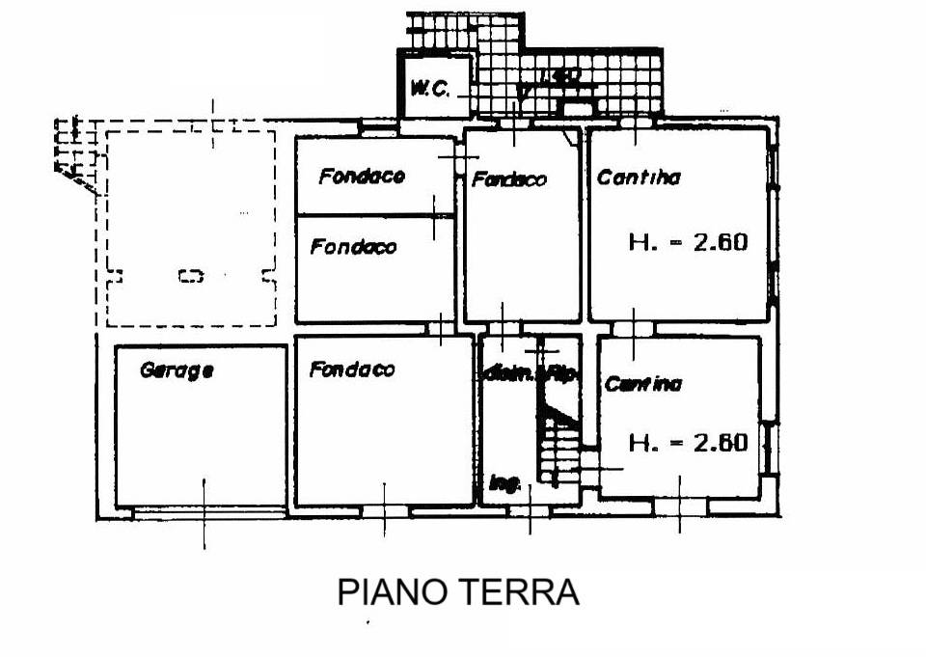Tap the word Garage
click(177, 370)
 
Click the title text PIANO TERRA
click(458, 591)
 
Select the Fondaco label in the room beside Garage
click(352, 370)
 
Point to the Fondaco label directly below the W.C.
click(509, 179)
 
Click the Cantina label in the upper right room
click(639, 178)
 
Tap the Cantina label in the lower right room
click(643, 384)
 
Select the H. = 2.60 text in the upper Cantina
click(688, 242)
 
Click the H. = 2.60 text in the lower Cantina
click(688, 443)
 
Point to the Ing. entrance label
click(504, 484)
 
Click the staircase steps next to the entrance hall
click(559, 449)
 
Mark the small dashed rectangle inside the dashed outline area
click(191, 277)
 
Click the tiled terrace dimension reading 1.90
click(558, 76)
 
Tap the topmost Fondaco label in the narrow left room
click(362, 177)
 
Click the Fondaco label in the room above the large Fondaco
click(353, 247)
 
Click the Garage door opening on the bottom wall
click(203, 511)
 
